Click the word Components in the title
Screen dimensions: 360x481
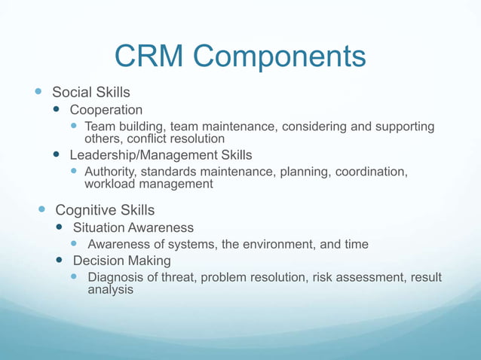coord(287,56)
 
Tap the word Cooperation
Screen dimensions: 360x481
coord(106,110)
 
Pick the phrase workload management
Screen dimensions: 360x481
coord(149,184)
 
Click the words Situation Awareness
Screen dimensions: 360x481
coord(133,227)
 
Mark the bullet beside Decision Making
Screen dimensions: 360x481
coord(58,261)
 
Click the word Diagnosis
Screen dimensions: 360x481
coord(116,277)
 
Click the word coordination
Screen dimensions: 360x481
coord(369,172)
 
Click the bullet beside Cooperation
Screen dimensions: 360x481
coord(56,110)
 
